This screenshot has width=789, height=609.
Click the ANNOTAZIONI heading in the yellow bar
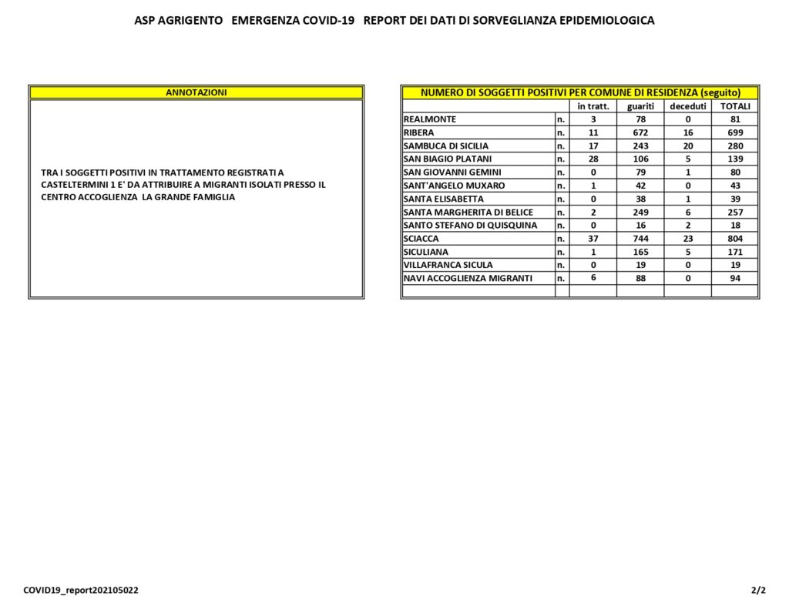(196, 92)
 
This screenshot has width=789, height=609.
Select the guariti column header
(640, 106)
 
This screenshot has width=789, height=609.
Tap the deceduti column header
(687, 106)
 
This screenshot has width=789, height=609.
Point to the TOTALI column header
(734, 106)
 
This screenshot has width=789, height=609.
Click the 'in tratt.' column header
(593, 106)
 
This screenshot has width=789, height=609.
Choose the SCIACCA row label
(421, 239)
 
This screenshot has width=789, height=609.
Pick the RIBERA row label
(418, 132)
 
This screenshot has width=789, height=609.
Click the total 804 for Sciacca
(734, 239)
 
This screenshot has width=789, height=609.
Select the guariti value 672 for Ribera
(640, 132)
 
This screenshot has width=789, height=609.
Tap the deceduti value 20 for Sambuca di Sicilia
(687, 146)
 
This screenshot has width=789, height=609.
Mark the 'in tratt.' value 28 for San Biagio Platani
(593, 159)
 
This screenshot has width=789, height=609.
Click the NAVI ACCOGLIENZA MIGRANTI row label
(468, 278)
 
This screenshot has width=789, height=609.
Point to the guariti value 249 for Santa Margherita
(640, 212)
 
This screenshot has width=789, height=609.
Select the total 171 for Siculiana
(734, 252)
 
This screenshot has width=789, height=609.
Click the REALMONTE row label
(430, 119)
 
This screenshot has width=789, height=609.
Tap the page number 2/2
(758, 591)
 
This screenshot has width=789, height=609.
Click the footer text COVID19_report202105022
(81, 591)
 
